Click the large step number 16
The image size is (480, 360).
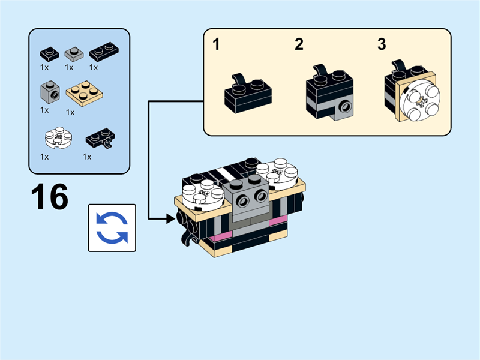coord(50,197)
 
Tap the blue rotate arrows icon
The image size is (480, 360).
coord(112,227)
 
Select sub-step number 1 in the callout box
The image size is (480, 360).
coord(217,44)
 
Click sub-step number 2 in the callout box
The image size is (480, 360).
coord(299,44)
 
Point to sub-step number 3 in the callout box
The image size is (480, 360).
coord(382,44)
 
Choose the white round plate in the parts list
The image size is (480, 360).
coord(58,138)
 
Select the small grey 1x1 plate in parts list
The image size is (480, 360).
coord(73,54)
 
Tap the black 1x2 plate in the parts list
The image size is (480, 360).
coord(103,53)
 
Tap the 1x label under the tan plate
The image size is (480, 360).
coord(70,112)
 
